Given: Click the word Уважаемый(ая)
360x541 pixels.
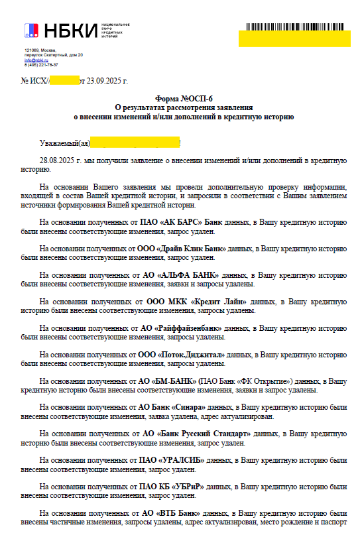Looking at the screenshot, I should pos(64,142).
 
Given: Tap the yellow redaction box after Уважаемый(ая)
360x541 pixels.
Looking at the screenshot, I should pos(135,142).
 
